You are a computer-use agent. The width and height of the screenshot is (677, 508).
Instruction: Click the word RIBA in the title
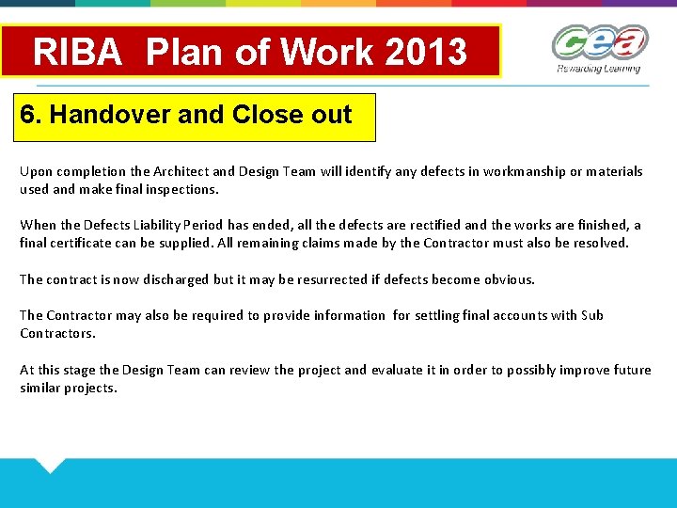point(77,52)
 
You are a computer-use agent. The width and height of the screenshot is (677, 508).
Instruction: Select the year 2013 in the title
point(430,52)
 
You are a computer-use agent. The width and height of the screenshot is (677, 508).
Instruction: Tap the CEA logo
point(599,43)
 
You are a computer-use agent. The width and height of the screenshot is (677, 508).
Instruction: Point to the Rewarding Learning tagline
point(598,69)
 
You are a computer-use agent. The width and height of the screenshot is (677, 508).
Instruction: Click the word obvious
point(508,279)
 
